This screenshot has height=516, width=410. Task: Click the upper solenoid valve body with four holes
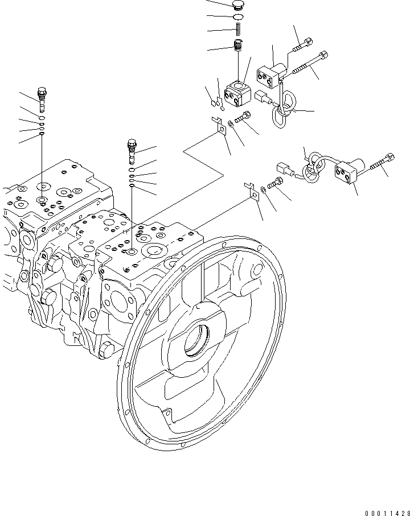270,73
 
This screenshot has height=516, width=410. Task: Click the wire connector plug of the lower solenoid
284,169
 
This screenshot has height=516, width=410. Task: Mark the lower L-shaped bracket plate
251,191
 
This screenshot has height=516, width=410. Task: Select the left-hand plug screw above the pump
42,98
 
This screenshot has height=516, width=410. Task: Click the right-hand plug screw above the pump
132,150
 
